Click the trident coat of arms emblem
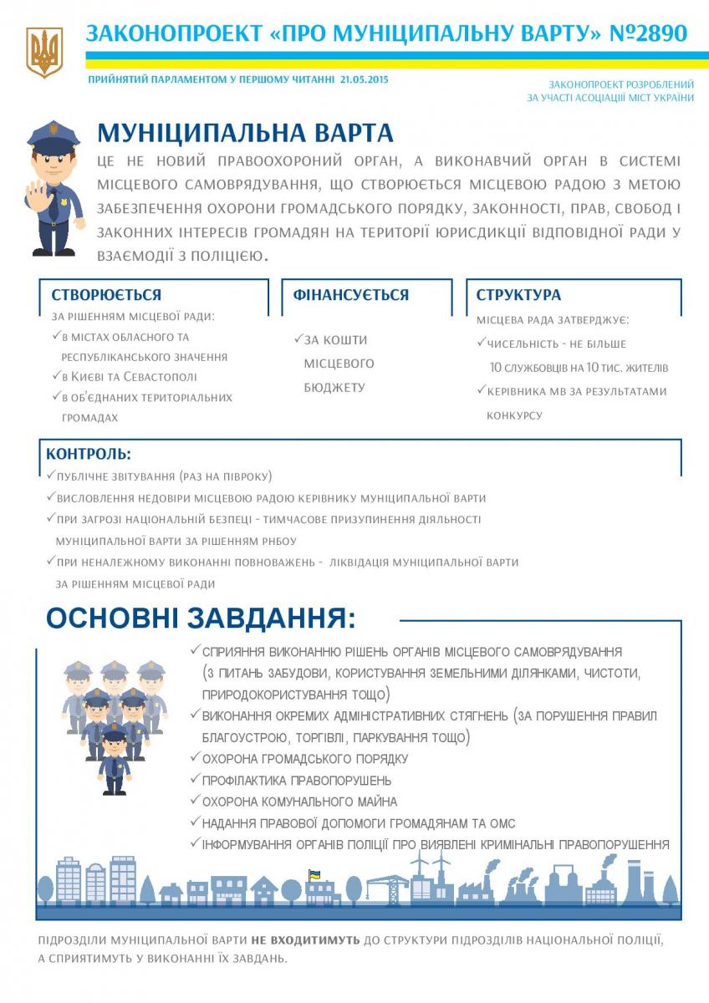tap(43, 52)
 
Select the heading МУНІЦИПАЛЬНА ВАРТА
tap(245, 134)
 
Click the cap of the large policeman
tap(53, 135)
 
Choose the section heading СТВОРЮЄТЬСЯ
tap(106, 295)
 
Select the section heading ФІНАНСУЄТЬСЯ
tap(350, 295)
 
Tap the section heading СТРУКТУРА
tap(518, 295)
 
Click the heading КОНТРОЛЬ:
tap(89, 455)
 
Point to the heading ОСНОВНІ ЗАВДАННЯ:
tap(201, 619)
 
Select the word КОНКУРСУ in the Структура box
tap(514, 415)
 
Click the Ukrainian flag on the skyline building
tap(315, 875)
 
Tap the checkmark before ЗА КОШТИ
tap(298, 339)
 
